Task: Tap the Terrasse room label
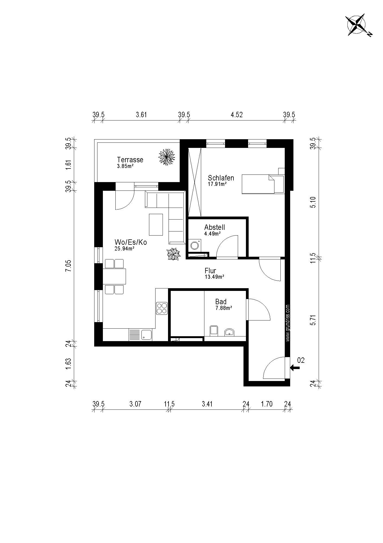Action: (130, 160)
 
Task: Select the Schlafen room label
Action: (221, 178)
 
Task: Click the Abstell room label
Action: (214, 227)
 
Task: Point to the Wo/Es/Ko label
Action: (131, 242)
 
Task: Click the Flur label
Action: (210, 271)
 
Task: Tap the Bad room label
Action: (221, 301)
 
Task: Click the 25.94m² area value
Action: (125, 249)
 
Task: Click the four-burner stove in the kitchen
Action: (162, 308)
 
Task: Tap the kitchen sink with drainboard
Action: (140, 335)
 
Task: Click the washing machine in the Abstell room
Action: (195, 245)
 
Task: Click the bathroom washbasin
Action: (230, 332)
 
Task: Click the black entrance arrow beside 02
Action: (295, 368)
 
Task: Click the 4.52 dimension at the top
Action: (237, 115)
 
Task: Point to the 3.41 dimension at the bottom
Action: (207, 404)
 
